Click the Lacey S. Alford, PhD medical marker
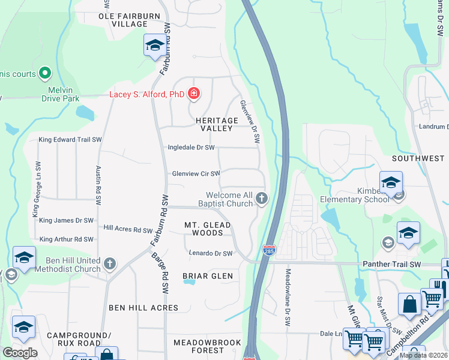[193, 94]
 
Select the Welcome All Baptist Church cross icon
[261, 197]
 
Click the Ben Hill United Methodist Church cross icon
[109, 263]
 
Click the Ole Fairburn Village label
[123, 20]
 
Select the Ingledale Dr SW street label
[191, 147]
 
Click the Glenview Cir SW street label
[196, 173]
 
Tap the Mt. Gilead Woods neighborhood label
[207, 229]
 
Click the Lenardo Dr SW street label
[210, 253]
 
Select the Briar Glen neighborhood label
[207, 275]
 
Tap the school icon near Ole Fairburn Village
[155, 46]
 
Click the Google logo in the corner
[20, 352]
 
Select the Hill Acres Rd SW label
[128, 229]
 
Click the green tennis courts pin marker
[44, 74]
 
